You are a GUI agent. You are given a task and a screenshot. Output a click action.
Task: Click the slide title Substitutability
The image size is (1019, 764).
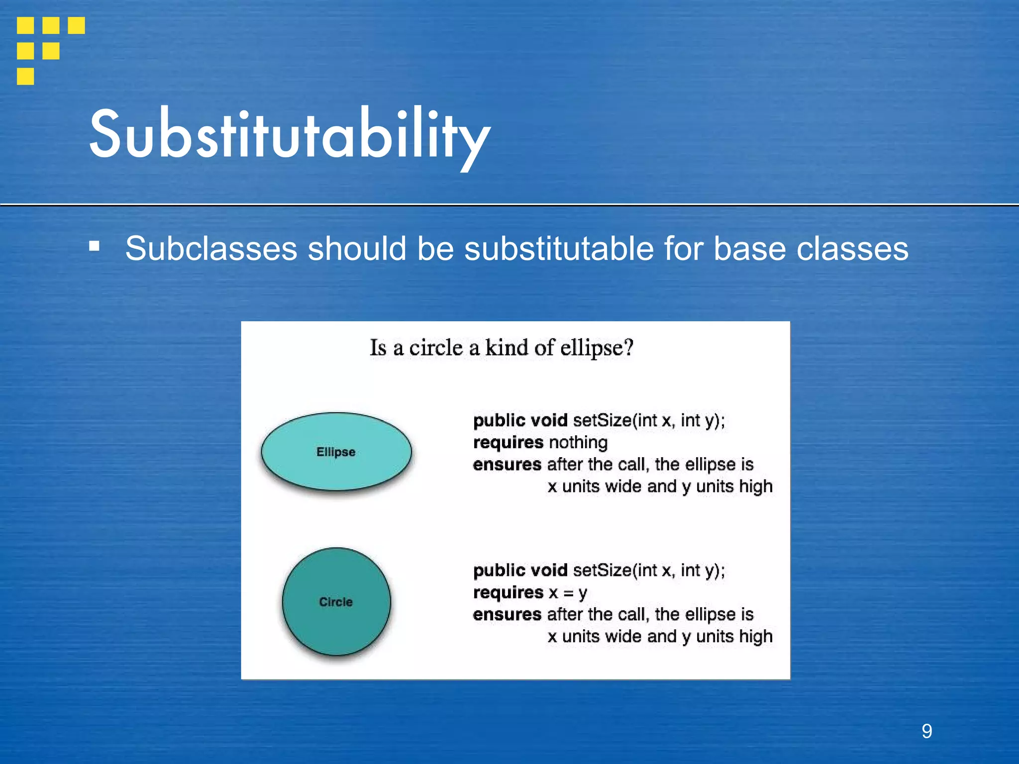[x=290, y=135]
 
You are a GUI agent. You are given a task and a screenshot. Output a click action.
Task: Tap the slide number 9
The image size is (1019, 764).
[x=926, y=731]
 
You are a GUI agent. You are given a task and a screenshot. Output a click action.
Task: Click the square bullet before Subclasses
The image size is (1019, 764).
[x=94, y=246]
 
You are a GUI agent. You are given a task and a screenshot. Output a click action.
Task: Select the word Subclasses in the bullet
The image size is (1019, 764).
[x=211, y=248]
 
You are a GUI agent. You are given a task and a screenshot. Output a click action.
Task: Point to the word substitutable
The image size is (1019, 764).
[x=559, y=248]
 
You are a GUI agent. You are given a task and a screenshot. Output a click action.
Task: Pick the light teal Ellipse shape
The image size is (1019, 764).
[x=336, y=452]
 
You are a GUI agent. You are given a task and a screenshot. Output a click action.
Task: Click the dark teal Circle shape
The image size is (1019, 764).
[x=336, y=602]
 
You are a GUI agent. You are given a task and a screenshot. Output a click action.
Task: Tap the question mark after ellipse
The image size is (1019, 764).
[x=629, y=347]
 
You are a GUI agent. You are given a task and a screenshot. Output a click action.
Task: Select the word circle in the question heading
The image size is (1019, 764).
[x=435, y=347]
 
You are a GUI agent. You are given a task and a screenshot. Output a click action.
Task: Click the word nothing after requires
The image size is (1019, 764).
[x=578, y=442]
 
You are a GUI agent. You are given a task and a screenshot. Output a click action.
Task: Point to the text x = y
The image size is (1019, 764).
[x=568, y=592]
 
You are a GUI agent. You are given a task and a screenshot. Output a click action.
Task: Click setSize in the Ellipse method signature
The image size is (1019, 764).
[x=602, y=420]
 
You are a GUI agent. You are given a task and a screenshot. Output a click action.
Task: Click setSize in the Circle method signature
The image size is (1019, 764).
[x=602, y=570]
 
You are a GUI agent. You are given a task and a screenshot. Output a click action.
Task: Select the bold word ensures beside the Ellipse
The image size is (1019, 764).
[x=507, y=465]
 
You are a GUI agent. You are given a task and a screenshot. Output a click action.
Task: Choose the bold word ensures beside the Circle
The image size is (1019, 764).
[x=507, y=615]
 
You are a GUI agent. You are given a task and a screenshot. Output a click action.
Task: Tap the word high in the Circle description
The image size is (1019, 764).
[x=755, y=637]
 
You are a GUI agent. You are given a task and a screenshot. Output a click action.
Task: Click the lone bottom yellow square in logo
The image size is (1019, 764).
[x=25, y=76]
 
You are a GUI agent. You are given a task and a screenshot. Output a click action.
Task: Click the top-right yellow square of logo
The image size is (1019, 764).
[x=76, y=25]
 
